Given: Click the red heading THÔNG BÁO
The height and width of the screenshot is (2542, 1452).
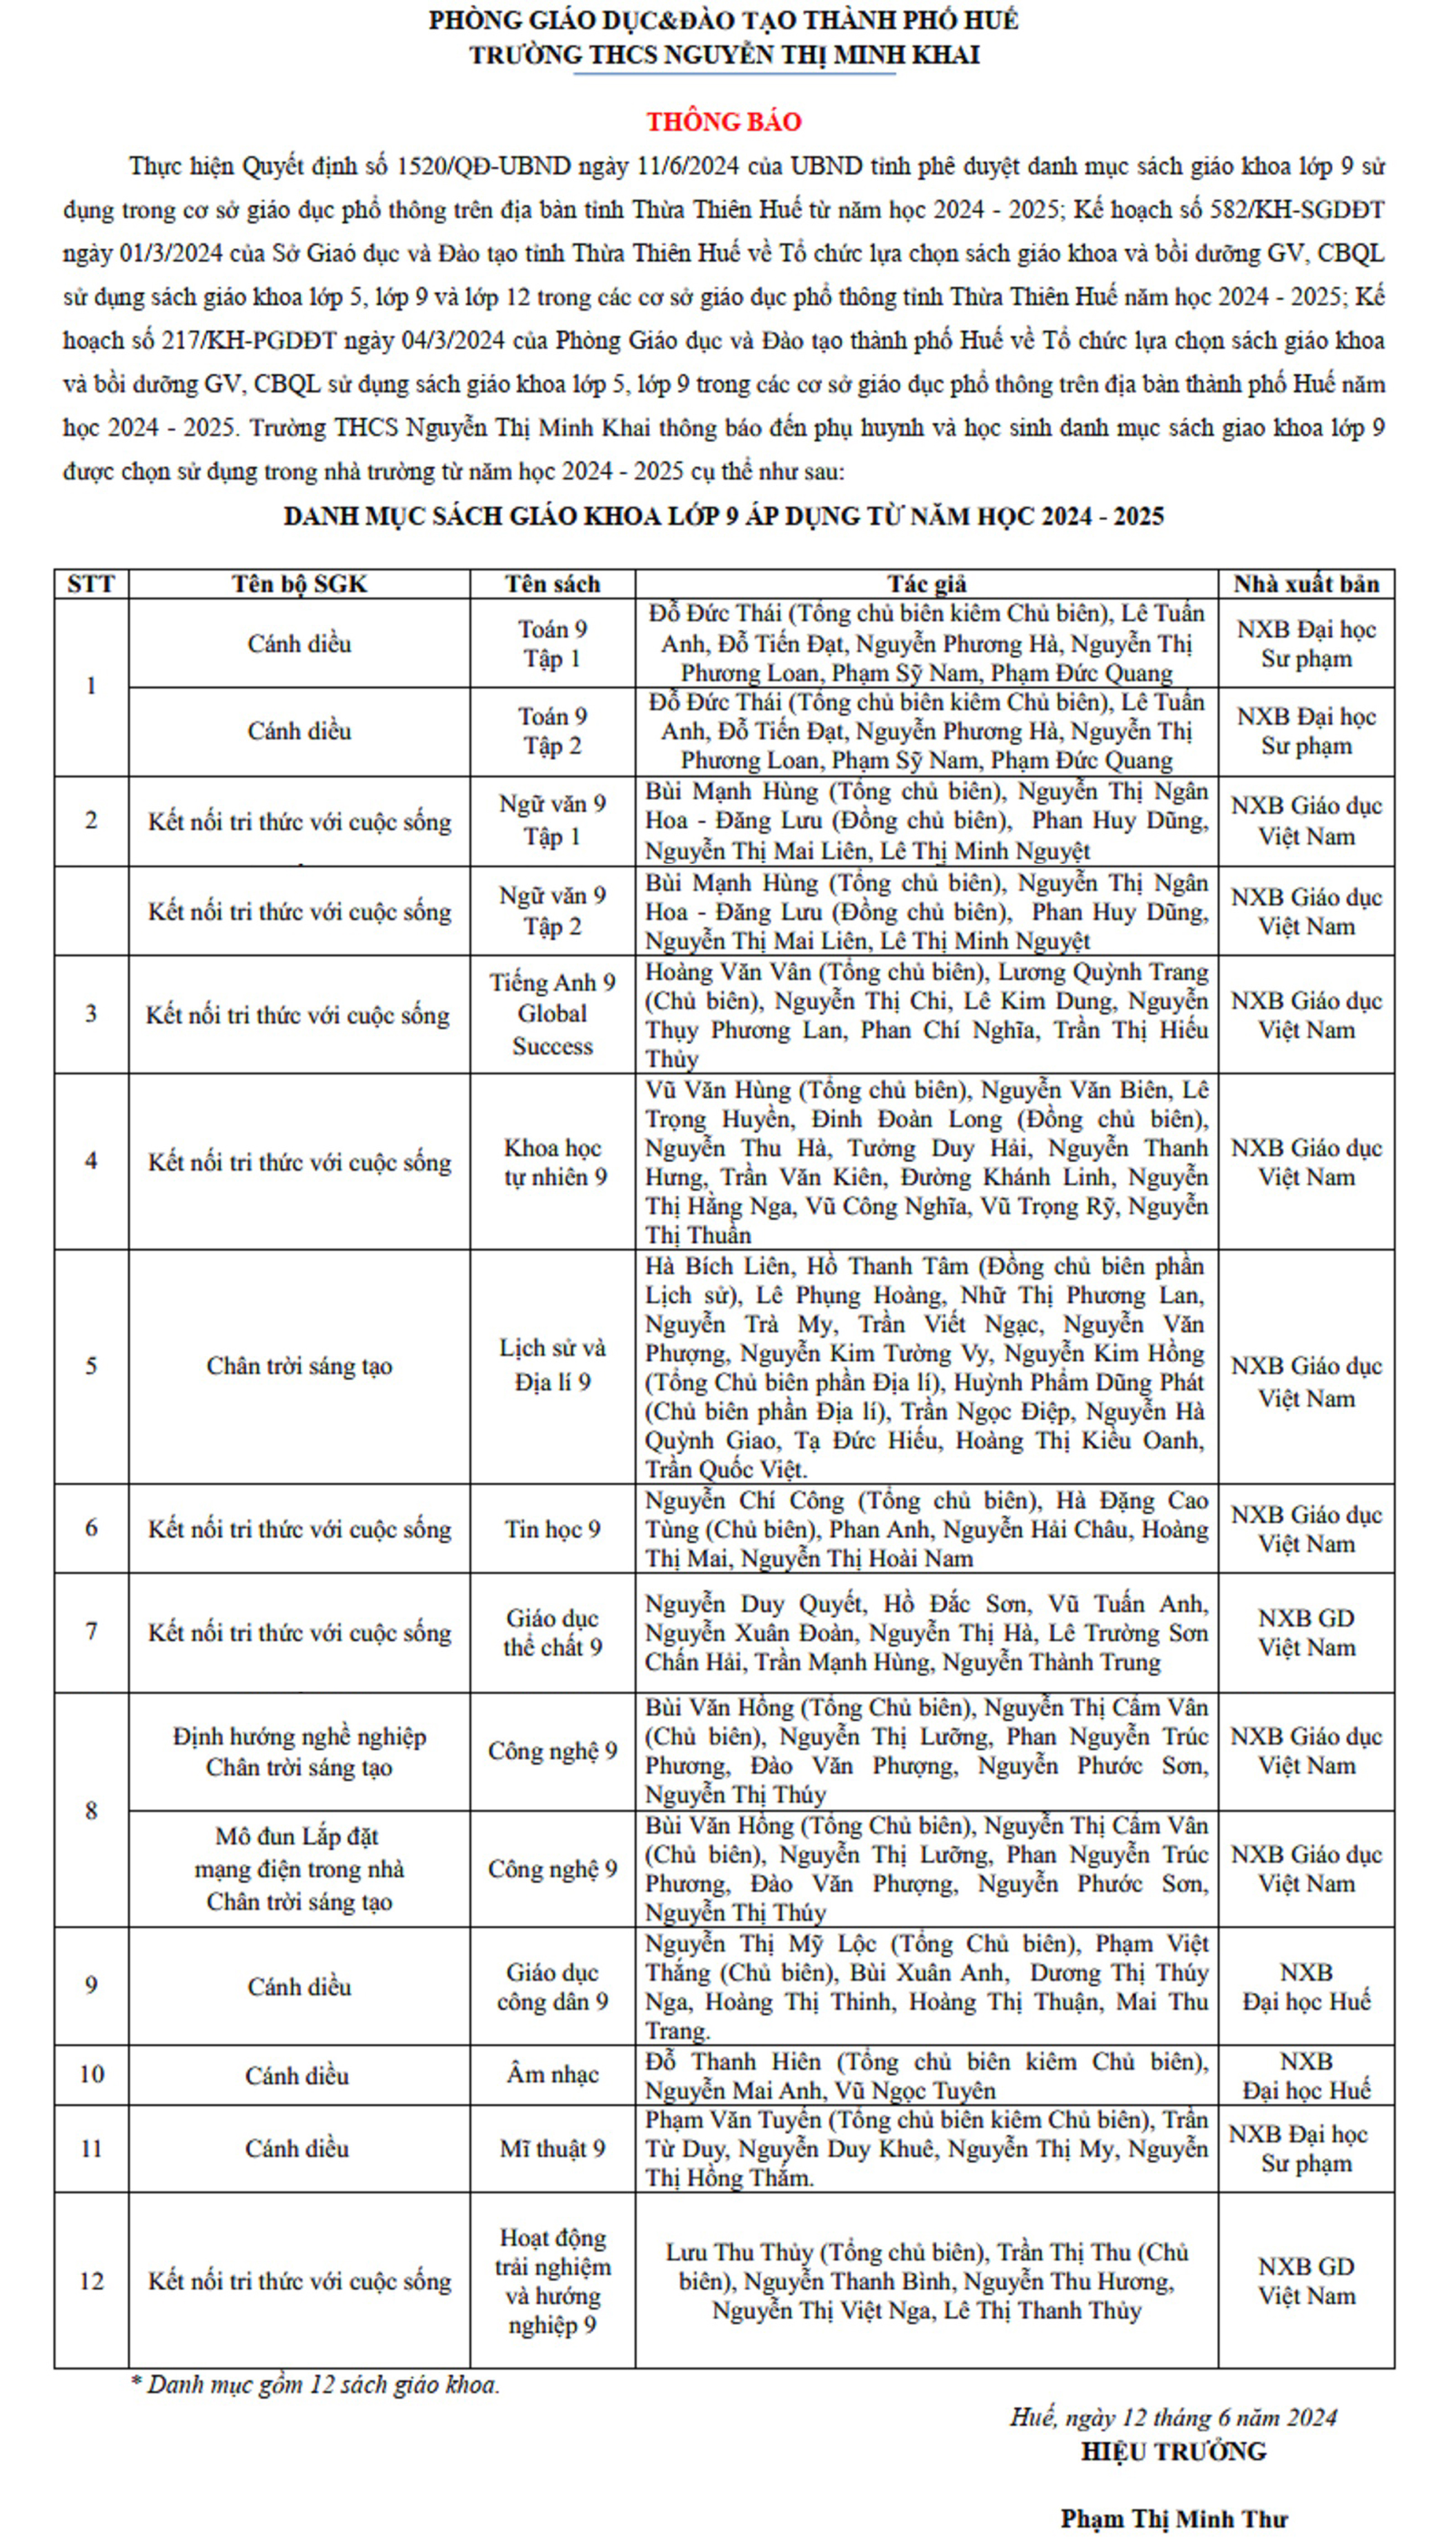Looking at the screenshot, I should [724, 122].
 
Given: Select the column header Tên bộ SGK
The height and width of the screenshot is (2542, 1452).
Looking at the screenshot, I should [299, 584].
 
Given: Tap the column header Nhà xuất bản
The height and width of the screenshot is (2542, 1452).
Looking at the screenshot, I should [1306, 584].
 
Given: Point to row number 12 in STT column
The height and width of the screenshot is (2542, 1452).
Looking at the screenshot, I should [91, 2281].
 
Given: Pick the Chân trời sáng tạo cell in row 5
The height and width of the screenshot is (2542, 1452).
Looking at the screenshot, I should [299, 1365].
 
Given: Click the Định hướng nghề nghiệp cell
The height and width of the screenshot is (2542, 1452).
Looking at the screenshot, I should [299, 1751].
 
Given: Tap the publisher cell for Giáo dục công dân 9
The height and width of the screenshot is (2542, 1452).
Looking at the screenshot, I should [1306, 1987].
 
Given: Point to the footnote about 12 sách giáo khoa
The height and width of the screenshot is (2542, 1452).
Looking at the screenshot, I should [315, 2385].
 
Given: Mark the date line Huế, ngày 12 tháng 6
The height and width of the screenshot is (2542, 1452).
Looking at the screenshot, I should [1173, 2417].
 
